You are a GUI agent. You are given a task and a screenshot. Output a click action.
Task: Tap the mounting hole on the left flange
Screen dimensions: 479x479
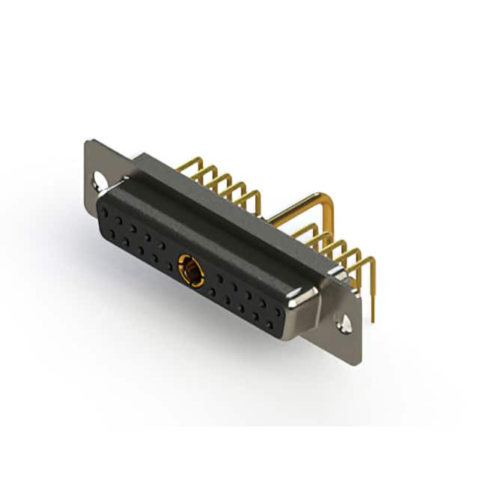(x=100, y=180)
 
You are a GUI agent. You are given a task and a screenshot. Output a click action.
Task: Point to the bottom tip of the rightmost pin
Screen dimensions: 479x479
(x=372, y=318)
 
